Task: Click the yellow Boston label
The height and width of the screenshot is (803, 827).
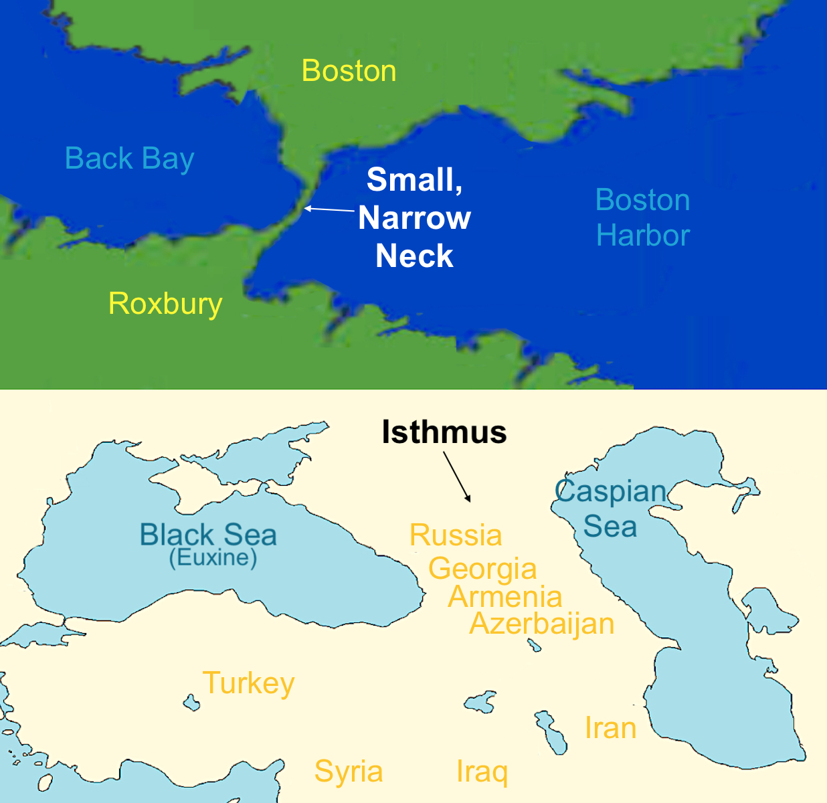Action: click(349, 71)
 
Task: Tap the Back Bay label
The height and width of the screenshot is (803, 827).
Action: click(129, 159)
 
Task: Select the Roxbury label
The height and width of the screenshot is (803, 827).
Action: click(165, 304)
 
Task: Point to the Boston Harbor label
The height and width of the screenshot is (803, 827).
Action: click(642, 217)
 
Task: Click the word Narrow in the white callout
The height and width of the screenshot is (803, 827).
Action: click(414, 218)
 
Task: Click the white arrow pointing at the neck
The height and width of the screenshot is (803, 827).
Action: click(329, 209)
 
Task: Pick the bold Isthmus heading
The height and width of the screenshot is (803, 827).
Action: click(444, 432)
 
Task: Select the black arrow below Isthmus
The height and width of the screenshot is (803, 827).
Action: click(457, 476)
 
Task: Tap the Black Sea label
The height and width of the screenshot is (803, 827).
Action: click(207, 535)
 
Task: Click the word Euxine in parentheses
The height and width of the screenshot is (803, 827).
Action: click(213, 557)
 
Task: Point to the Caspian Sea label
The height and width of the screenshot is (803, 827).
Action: click(610, 509)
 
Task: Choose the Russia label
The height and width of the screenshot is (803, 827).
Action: click(456, 535)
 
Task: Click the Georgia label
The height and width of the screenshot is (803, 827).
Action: click(482, 569)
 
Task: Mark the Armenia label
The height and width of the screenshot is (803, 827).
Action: click(505, 597)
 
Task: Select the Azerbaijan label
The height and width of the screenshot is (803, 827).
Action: click(542, 624)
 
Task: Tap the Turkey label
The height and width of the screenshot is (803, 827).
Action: click(248, 683)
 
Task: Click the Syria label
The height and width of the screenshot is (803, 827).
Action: click(349, 771)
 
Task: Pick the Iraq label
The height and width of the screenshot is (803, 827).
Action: click(482, 772)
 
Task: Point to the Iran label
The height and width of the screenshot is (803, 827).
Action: click(610, 728)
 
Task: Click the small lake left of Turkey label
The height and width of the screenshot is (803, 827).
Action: click(191, 703)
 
